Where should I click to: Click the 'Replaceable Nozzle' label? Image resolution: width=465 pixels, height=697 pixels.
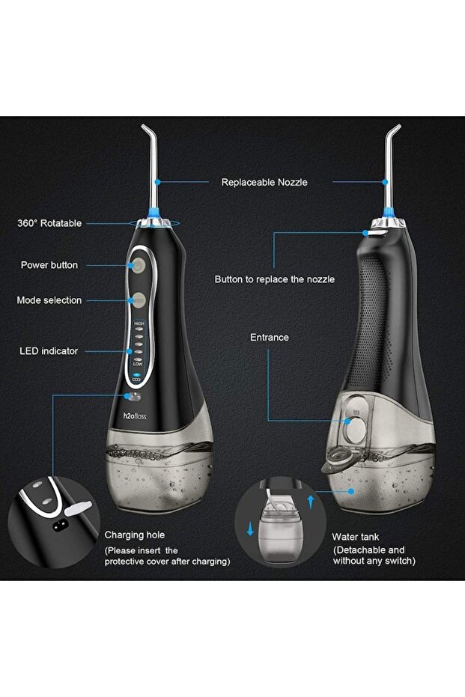264,182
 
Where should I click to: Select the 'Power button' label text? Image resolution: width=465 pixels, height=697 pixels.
49,265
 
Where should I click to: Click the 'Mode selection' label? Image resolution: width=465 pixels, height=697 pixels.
49,300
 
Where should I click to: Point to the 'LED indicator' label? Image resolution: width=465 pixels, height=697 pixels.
49,350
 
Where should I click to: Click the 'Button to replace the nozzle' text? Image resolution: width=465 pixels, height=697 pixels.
274,279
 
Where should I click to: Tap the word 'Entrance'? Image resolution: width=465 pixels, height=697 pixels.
269,338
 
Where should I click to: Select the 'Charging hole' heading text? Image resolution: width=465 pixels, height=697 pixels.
134,535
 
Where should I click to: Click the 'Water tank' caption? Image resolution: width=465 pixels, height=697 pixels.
356,538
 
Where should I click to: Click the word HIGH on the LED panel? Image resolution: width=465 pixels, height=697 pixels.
139,323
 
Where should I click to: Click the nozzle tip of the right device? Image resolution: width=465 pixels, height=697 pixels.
398,129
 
